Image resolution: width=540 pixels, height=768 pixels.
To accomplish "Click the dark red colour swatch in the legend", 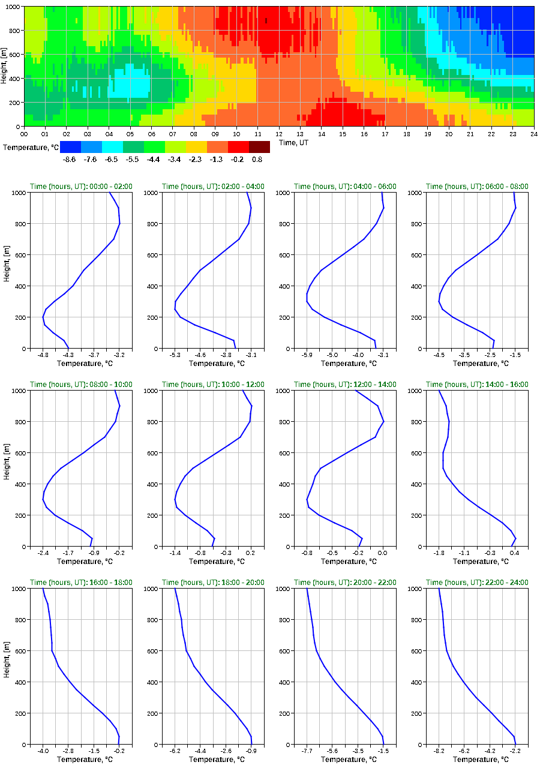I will tap(259, 147).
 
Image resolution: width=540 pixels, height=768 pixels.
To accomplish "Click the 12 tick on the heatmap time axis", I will tap(279, 134).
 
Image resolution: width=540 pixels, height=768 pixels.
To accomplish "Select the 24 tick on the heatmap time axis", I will tap(533, 134).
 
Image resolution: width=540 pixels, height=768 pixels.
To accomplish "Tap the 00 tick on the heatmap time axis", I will tap(24, 134).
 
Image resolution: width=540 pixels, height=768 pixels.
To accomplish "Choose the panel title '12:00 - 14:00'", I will tap(345, 385).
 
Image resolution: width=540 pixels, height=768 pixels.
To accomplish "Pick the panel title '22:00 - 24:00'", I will tap(477, 583).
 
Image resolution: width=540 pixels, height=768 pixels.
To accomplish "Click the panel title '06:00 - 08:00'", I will tap(477, 187).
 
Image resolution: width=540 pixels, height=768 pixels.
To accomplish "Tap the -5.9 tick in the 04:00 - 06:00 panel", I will tap(307, 355).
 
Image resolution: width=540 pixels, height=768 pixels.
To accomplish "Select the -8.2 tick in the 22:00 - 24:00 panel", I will tap(439, 751).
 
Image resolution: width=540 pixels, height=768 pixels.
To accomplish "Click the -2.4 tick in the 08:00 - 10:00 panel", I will tap(43, 553).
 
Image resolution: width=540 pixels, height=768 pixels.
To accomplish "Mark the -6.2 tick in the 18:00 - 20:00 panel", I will tap(175, 751).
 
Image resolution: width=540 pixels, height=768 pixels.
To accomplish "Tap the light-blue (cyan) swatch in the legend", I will tap(112, 147).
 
